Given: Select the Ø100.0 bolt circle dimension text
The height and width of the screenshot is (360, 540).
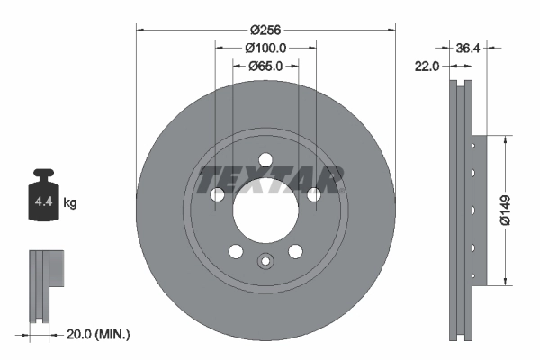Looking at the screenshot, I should coord(265,48).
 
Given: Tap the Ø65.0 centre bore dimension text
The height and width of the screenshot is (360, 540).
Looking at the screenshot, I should coord(265,66).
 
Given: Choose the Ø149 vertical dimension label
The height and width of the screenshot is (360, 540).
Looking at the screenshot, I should coord(506,208).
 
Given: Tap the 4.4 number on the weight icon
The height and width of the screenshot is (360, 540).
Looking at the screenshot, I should coord(43,202).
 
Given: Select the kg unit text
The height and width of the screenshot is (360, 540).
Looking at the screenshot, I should coord(70,202).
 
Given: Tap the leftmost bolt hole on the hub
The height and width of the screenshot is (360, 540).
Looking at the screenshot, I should coord(218,194).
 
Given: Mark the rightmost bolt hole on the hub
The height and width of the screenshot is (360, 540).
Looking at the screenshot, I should coord(313,194).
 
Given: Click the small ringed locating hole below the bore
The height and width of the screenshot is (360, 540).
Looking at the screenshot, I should coord(265,262).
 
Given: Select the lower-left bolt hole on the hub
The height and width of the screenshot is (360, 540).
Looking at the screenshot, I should coord(236,251).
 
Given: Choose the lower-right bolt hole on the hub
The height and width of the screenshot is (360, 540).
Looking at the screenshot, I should coord(295,251).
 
